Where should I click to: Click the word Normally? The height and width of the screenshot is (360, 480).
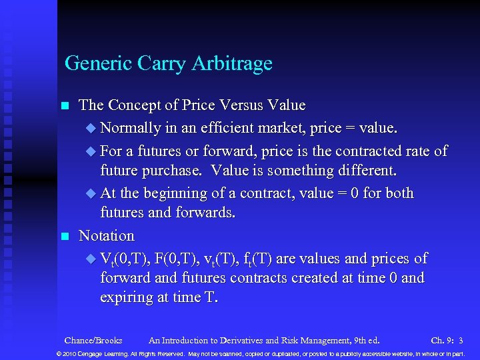[135, 127]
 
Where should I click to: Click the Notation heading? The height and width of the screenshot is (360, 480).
[107, 236]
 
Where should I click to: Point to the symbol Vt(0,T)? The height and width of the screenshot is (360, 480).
[125, 259]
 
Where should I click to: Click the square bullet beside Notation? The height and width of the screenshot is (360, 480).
[65, 236]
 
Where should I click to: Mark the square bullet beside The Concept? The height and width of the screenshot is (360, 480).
[65, 106]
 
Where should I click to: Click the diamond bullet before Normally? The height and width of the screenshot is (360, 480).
[91, 128]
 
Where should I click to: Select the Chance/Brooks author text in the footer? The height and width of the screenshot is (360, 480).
[93, 341]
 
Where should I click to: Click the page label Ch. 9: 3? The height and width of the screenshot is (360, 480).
[447, 341]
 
